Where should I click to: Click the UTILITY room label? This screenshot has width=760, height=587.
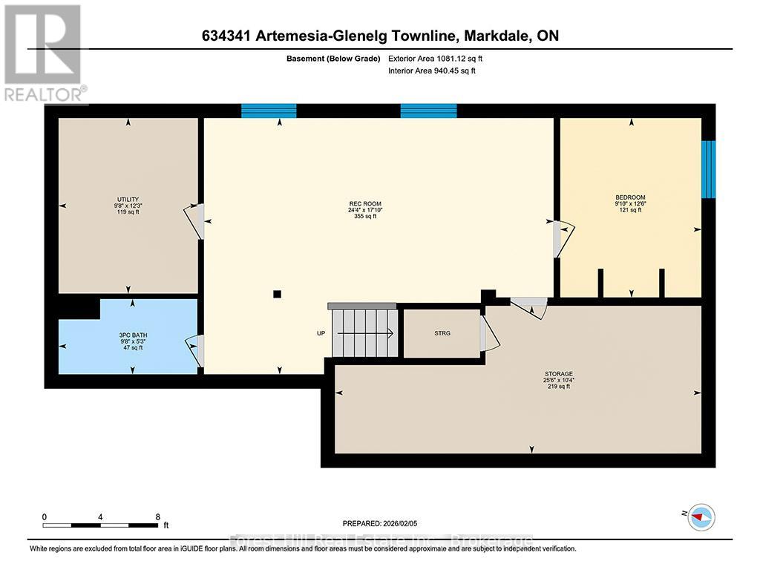coord(127,204)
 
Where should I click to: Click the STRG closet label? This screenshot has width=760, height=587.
coord(442,333)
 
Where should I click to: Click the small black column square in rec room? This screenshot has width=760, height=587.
coord(277,294)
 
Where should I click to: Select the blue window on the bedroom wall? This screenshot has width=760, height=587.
coord(709,168)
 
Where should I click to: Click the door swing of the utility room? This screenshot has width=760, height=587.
coord(193,221)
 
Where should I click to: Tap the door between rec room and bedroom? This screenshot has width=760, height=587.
coord(560,237)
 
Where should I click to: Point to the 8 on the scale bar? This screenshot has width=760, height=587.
coord(157,517)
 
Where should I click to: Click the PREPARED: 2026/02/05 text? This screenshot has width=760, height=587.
coord(385,522)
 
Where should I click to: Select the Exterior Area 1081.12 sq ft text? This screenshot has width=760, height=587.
coord(435,58)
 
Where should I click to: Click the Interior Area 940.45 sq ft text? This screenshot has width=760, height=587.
coord(431,70)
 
